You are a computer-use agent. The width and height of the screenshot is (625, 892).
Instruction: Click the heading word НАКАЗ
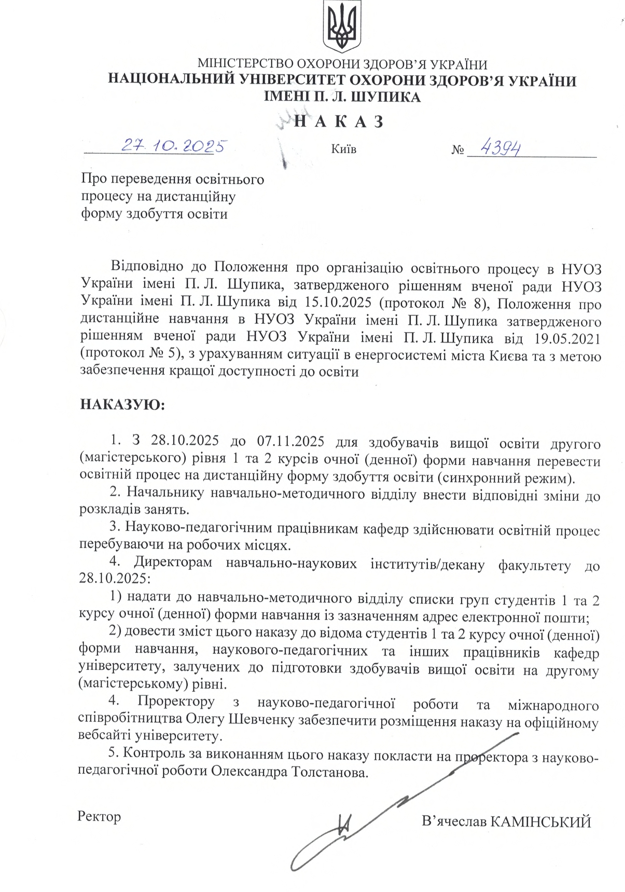tap(339, 121)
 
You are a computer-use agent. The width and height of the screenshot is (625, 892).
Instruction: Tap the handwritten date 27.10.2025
tap(175, 146)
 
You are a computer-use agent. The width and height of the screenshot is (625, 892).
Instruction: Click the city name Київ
tap(343, 149)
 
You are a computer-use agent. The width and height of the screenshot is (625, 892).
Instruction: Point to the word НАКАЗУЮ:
tap(122, 404)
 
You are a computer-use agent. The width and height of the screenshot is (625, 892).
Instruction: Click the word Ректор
tap(99, 816)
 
